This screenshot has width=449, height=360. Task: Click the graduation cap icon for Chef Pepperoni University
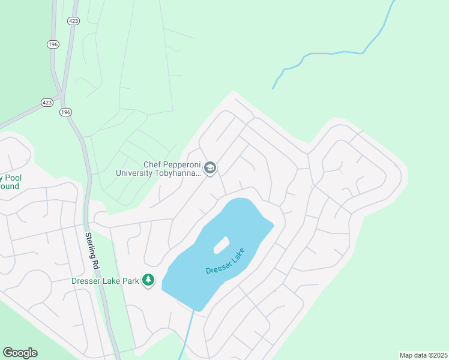tap(210, 168)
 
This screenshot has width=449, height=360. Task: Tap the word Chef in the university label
tap(152, 164)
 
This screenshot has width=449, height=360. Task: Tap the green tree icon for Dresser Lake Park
tap(148, 280)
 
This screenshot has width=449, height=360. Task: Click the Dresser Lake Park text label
tap(105, 280)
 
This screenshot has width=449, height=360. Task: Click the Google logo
tap(20, 353)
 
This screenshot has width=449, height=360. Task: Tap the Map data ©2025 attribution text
tap(423, 355)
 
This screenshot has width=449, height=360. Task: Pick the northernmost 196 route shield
tap(52, 44)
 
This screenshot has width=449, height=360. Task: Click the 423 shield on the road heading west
tap(47, 103)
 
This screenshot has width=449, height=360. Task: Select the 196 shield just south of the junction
tap(65, 112)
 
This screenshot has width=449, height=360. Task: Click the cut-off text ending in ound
tap(10, 187)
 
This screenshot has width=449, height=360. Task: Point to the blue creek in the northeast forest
tap(336, 53)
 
